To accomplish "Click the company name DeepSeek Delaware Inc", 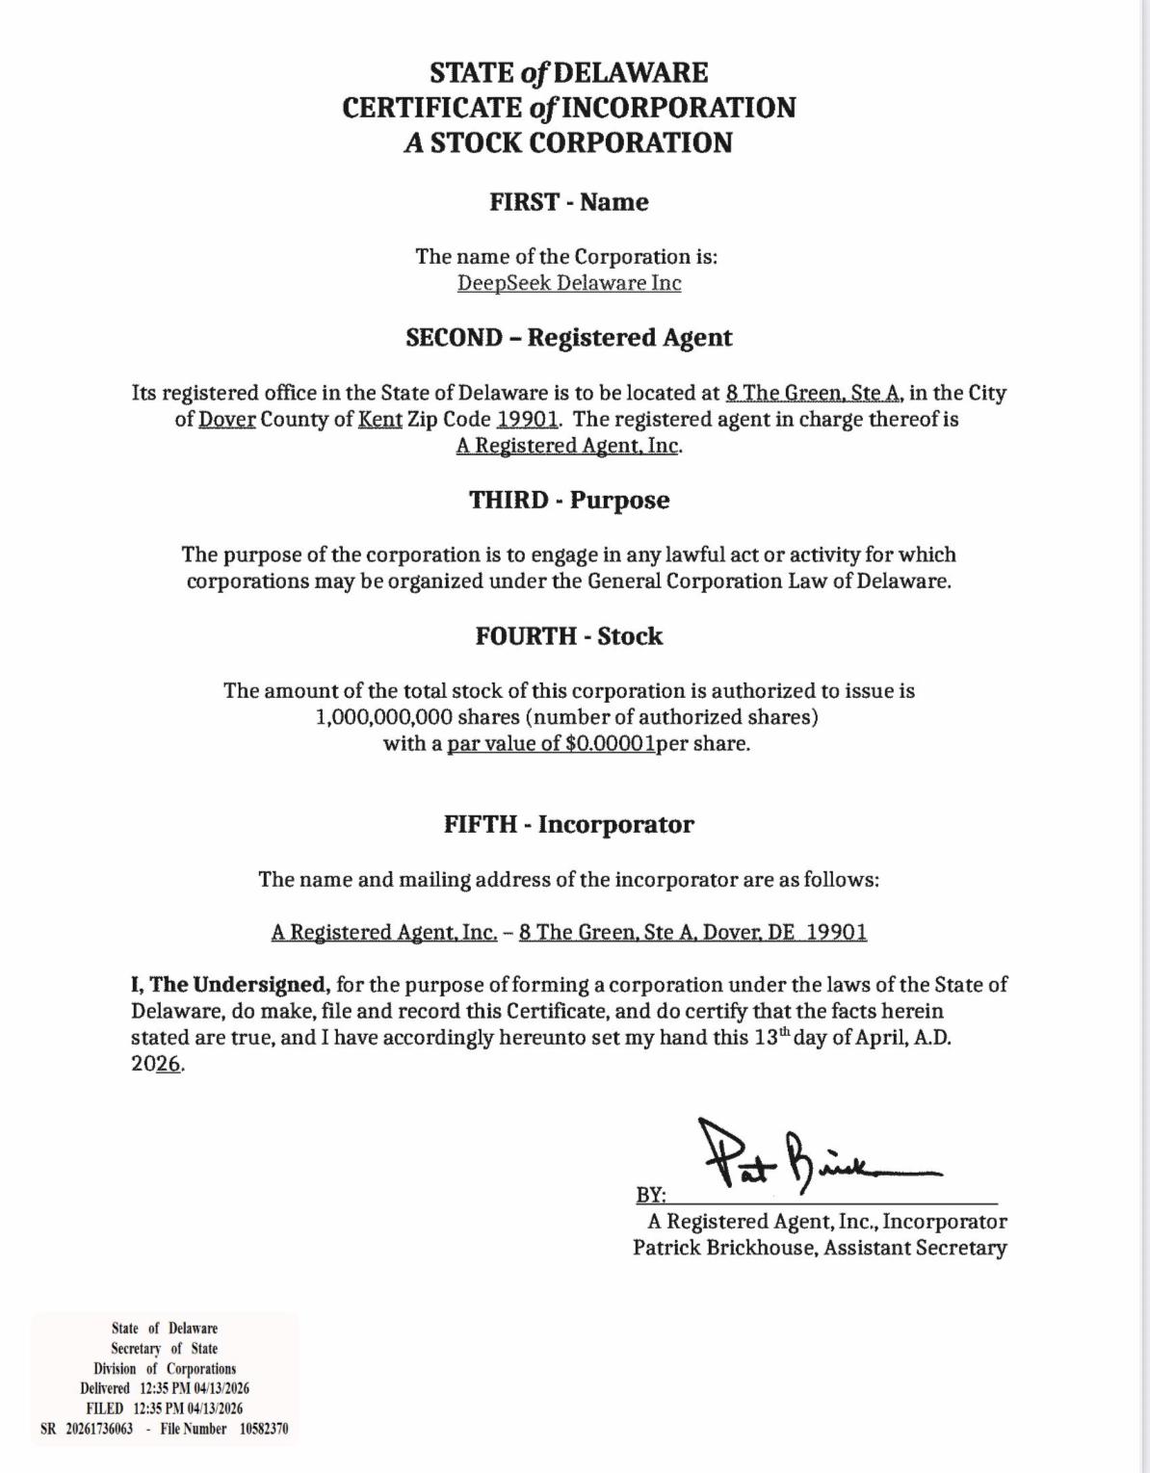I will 568,283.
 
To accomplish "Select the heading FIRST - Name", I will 568,202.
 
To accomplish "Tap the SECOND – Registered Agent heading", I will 568,338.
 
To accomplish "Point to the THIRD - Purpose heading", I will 568,501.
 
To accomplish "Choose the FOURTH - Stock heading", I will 568,636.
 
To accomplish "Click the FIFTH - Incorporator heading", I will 568,825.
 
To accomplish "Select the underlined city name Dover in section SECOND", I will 227,420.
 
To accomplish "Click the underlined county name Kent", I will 379,420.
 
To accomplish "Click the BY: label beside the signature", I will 651,1195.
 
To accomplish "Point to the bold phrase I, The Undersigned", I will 231,985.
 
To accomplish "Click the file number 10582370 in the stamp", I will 264,1429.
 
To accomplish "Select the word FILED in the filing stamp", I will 105,1408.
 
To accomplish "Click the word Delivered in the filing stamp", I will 105,1388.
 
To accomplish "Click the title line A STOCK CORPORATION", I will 568,142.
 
